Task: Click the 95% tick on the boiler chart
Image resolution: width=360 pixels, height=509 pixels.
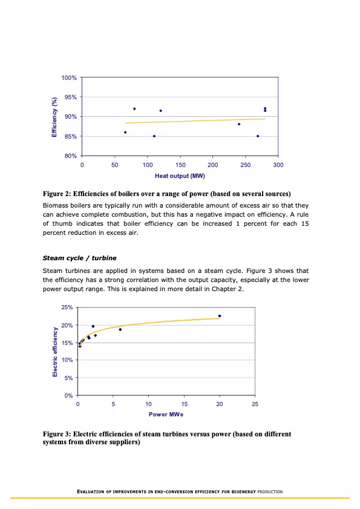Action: coord(69,97)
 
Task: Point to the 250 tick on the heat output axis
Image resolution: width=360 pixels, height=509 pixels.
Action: coord(245,165)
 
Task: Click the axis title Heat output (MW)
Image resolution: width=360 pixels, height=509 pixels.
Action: coord(180,176)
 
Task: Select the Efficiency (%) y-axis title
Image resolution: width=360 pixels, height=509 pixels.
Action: coord(54,116)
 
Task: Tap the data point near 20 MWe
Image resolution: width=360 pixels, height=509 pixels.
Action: coord(220,316)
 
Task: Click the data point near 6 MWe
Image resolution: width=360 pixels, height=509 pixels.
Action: coord(120,329)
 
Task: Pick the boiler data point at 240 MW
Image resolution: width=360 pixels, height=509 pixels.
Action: coord(239,124)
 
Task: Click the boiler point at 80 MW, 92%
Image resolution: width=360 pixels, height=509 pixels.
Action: coord(134,109)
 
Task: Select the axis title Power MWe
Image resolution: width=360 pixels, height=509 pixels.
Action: coord(166,415)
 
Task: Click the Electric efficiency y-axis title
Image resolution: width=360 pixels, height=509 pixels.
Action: coord(55,352)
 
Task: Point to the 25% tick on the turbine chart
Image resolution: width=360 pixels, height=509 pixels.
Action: coord(67,308)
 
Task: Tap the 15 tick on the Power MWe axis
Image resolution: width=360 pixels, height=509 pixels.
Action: coord(184,404)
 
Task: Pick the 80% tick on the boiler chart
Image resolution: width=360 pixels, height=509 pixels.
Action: coord(69,156)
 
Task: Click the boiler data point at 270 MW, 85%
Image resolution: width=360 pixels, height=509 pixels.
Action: coord(258,136)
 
